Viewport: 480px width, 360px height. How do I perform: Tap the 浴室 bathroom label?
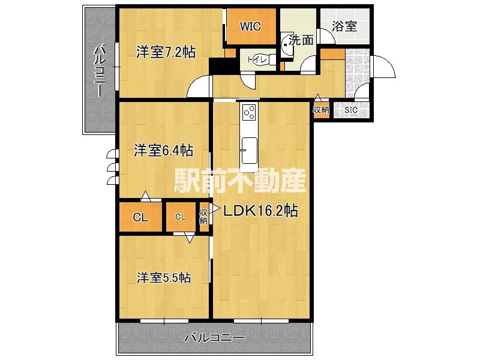click(x=344, y=26)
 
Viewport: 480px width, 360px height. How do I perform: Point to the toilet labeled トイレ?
click(x=255, y=59)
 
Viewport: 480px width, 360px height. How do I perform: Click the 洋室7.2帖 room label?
click(x=165, y=52)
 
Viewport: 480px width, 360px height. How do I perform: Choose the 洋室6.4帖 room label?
click(x=163, y=150)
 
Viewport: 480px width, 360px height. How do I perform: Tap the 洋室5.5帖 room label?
click(x=164, y=278)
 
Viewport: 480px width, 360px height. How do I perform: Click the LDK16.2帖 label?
click(x=261, y=211)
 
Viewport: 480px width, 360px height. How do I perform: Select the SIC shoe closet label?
click(x=350, y=110)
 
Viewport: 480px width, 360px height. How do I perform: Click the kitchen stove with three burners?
click(x=249, y=112)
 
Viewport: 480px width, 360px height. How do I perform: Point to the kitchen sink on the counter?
click(x=249, y=146)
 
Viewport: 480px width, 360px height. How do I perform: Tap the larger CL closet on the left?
click(x=140, y=217)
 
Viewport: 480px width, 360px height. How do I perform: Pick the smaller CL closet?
click(x=180, y=217)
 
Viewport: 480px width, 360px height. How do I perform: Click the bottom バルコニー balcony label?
click(x=214, y=338)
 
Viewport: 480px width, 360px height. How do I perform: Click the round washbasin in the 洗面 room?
click(x=287, y=47)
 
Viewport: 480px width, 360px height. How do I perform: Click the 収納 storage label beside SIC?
click(x=321, y=110)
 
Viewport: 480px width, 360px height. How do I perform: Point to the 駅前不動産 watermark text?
click(x=241, y=179)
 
